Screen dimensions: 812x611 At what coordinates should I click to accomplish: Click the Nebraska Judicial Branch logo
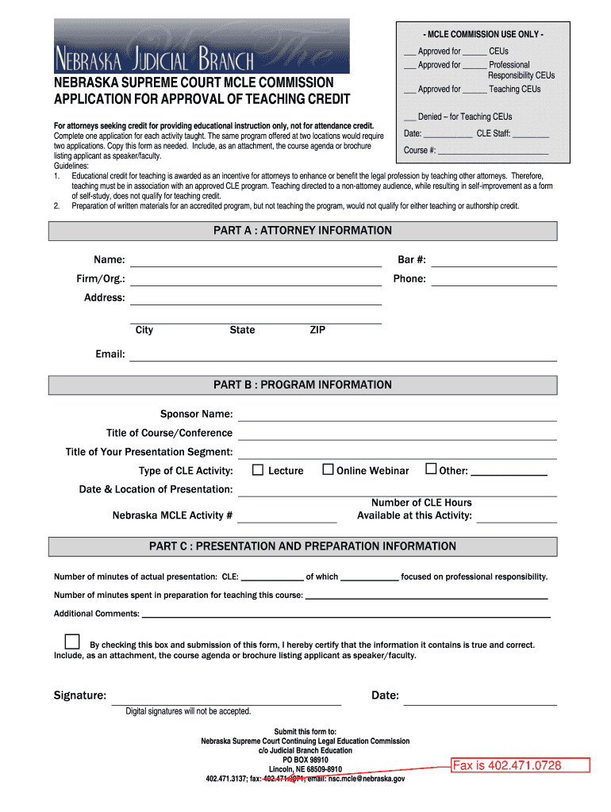click(202, 46)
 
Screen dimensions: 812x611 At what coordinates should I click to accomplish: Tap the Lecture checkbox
click(258, 469)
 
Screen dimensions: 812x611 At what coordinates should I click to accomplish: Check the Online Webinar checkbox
click(328, 469)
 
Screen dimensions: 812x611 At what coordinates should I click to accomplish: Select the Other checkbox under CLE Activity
click(431, 469)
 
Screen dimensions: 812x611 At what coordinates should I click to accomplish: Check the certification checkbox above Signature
click(72, 642)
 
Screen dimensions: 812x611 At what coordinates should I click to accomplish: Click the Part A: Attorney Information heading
click(302, 231)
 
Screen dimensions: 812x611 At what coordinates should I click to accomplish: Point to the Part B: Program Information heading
click(302, 385)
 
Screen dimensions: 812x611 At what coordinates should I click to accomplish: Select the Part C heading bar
click(302, 546)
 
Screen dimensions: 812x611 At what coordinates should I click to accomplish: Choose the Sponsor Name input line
click(397, 416)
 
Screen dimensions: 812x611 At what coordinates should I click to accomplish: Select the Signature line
click(226, 698)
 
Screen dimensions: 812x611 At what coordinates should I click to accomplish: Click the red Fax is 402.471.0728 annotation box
click(521, 765)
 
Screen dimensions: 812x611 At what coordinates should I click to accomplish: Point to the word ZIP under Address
click(317, 330)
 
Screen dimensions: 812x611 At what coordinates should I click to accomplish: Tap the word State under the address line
click(242, 330)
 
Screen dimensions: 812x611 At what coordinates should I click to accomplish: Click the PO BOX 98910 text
click(305, 760)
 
